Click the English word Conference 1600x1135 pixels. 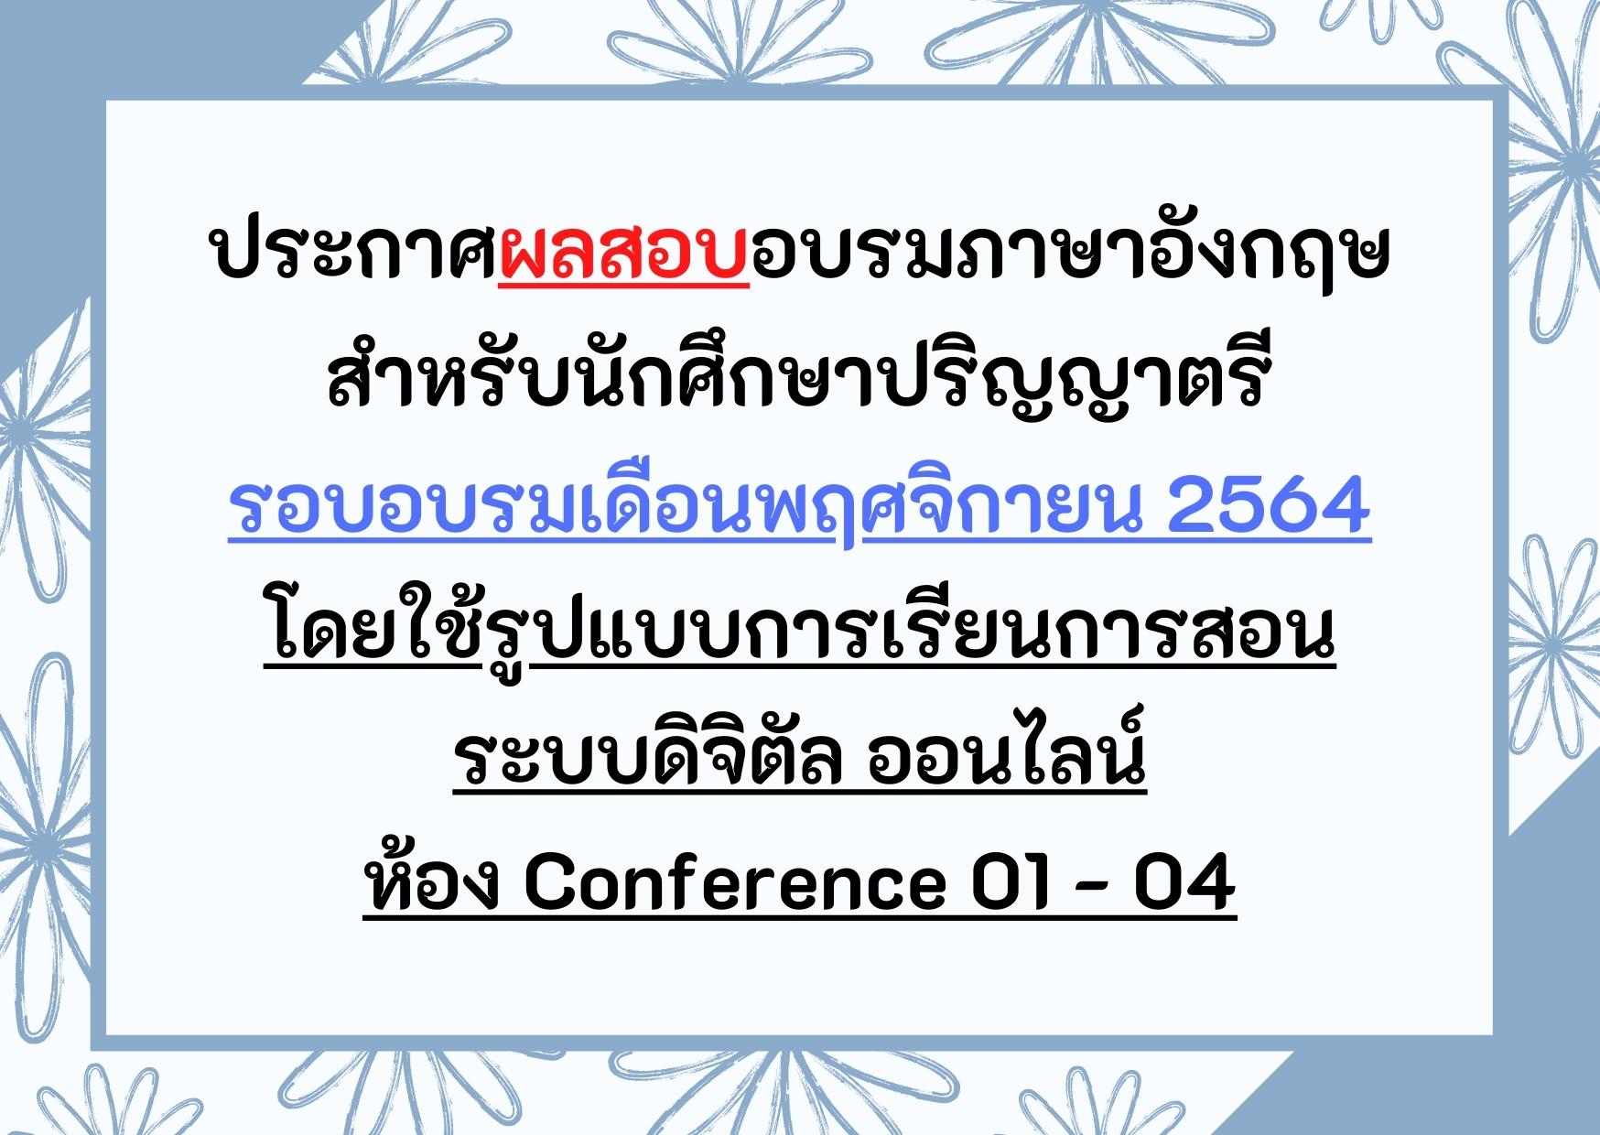click(733, 887)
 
